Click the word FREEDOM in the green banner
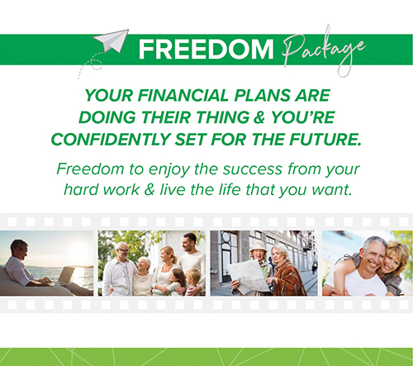coord(206,50)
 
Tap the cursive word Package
coord(324,52)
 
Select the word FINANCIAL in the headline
coord(183,96)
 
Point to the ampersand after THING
coord(259,117)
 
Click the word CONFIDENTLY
coord(111,140)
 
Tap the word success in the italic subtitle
coord(253,169)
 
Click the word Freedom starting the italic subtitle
coord(91,169)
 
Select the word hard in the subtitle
coord(78,190)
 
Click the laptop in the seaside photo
coord(65,276)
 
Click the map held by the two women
coord(249,276)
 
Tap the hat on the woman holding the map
coord(258,245)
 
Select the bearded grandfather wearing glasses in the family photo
coord(119,269)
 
